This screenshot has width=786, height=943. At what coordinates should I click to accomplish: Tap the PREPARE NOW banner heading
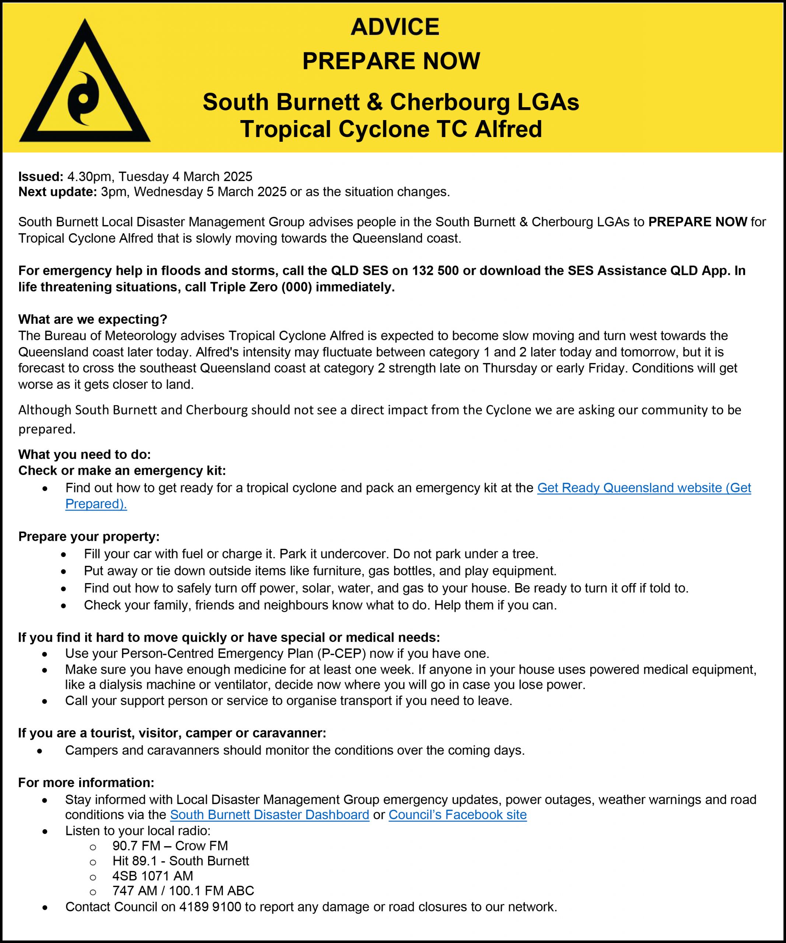tap(391, 61)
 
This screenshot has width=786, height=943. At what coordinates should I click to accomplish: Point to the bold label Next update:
tap(57, 192)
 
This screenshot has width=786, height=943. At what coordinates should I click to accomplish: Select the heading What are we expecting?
tap(92, 319)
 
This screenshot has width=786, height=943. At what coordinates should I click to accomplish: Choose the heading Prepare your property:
tap(89, 537)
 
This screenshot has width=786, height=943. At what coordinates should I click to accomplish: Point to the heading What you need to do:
tap(84, 455)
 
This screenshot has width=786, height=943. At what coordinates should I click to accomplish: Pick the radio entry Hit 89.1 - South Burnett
tap(181, 861)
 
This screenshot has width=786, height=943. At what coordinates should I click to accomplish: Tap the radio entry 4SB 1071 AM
tap(153, 876)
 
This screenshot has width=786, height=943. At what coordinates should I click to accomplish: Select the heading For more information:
tap(86, 782)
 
